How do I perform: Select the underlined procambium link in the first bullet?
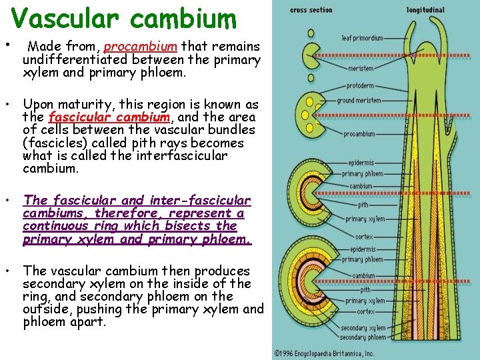coord(141,47)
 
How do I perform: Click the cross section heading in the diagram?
coord(311,10)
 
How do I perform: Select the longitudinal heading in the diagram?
coord(427,10)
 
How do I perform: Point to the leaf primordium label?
coord(363,38)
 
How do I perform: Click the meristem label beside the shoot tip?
coord(361,68)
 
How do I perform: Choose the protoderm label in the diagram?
coord(360,86)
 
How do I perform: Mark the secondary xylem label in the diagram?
coord(363,328)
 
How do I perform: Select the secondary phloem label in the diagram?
coord(363,337)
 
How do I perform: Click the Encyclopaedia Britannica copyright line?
coord(324,354)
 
